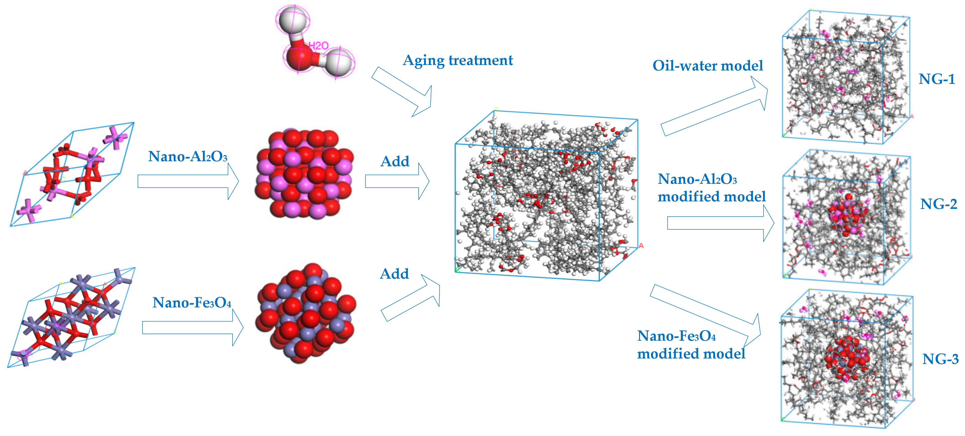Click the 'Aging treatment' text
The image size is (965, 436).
(458, 60)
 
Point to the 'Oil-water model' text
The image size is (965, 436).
(707, 66)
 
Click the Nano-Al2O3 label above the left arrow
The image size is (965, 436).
(188, 156)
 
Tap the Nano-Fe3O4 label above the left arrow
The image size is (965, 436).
(192, 302)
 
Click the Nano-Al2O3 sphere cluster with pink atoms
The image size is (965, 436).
(303, 174)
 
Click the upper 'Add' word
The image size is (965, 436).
(395, 161)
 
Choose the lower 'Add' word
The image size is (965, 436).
(394, 274)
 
